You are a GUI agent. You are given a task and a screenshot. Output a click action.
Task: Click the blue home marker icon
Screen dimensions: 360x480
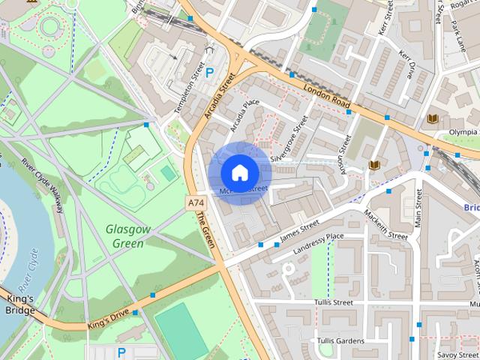pyautogui.click(x=238, y=173)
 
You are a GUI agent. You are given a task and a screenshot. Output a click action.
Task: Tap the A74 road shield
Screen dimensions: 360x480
pyautogui.click(x=196, y=203)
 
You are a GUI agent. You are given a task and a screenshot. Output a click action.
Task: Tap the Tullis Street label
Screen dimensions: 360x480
pyautogui.click(x=334, y=302)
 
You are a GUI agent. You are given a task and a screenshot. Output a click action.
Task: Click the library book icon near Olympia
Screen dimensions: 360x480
pyautogui.click(x=433, y=118)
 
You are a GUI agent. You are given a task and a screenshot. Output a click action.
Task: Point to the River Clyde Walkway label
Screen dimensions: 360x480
pyautogui.click(x=41, y=183)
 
